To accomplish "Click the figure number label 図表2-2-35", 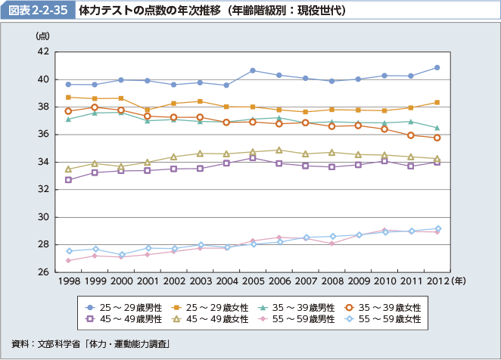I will (38, 11).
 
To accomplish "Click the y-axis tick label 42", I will (43, 51).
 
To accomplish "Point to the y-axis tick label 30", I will (43, 217).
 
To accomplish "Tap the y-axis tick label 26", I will (43, 272).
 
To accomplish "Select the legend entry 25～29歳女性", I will (210, 308).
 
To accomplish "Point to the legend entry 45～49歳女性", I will (210, 320).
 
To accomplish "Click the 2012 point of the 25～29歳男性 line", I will (437, 67).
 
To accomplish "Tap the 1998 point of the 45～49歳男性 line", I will (68, 180).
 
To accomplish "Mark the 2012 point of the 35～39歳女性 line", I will (437, 138).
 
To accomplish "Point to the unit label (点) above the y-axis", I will (42, 36).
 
